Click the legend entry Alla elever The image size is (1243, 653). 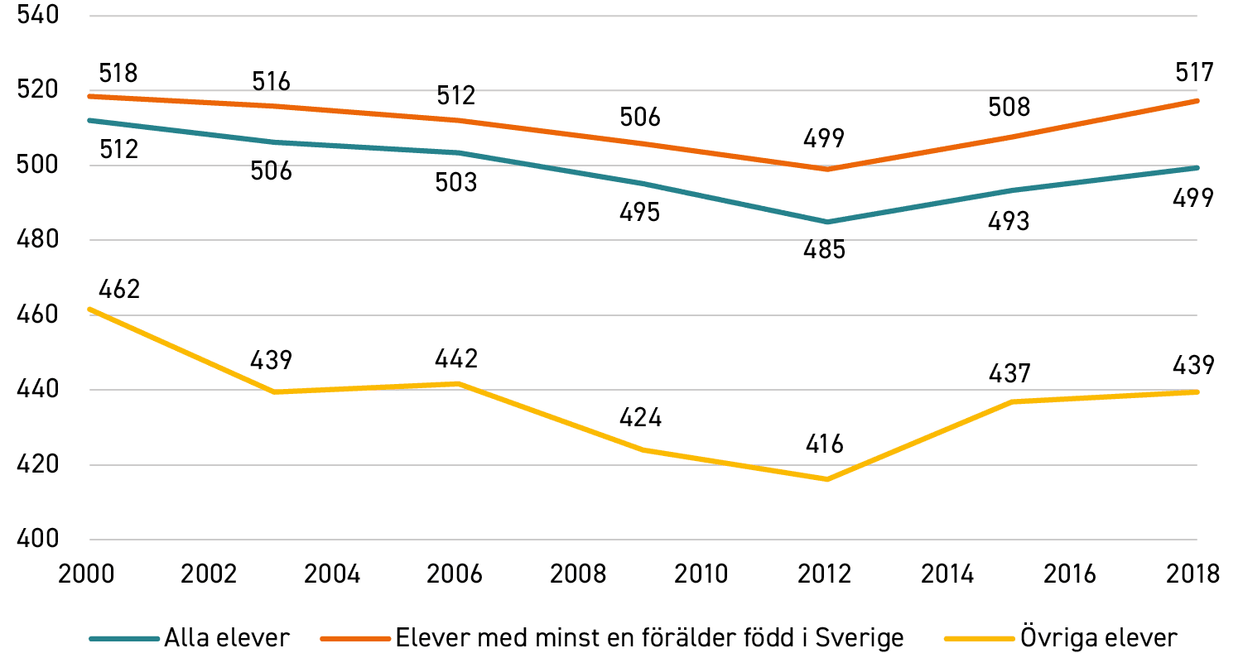point(190,638)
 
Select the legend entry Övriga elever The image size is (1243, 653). point(1061,637)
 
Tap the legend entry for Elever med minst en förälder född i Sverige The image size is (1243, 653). point(612,637)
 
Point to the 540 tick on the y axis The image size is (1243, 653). point(38,15)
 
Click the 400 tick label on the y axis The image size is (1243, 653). point(38,539)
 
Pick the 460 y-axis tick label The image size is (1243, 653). point(38,314)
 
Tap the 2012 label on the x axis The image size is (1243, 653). point(824,574)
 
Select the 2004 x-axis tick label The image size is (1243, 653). point(332,574)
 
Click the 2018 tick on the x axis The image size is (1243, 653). point(1192,574)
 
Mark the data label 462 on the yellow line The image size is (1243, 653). point(119,289)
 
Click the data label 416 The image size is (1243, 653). point(825,444)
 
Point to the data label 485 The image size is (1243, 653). point(825,250)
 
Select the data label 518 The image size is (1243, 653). point(118,73)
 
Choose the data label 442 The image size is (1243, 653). point(456,359)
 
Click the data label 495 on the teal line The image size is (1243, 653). point(640,212)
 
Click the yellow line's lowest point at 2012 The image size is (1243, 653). point(827,479)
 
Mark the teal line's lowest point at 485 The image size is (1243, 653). point(827,222)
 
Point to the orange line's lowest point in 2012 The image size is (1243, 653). point(827,169)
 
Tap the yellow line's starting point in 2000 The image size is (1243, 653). point(90,309)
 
